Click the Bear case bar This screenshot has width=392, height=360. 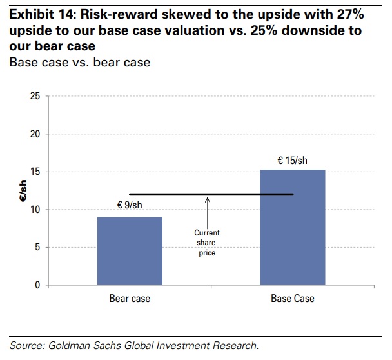pos(130,251)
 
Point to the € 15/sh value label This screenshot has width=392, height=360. pos(292,159)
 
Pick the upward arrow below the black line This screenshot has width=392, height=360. pos(208,210)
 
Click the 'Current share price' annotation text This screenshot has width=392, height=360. pos(208,243)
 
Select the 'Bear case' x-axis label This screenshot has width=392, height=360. pos(130,299)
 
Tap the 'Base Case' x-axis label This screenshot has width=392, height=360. pos(292,299)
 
